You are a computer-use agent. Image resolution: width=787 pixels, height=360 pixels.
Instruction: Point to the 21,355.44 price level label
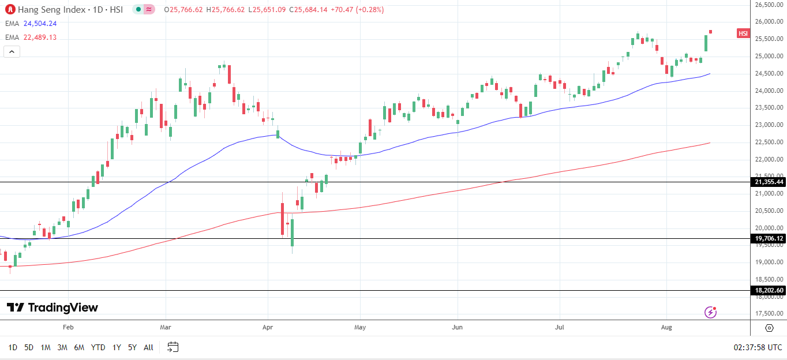click(769, 182)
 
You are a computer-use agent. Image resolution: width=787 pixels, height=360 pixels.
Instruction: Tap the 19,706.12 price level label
click(769, 238)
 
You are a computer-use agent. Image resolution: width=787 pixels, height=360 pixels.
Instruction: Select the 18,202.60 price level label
click(769, 291)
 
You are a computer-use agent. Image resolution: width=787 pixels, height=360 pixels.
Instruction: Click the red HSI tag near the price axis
click(743, 33)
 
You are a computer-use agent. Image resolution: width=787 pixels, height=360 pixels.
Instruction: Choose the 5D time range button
click(29, 347)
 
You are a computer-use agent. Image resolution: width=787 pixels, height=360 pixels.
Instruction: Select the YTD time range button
click(98, 347)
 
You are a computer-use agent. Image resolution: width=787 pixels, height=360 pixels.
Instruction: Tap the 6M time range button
click(80, 347)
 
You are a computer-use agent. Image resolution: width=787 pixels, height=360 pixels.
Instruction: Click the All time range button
click(148, 347)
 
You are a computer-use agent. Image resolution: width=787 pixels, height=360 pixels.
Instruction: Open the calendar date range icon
click(173, 347)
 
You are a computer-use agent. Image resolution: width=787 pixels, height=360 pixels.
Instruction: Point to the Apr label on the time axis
click(267, 328)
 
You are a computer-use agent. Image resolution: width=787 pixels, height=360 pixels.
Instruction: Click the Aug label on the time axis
click(666, 328)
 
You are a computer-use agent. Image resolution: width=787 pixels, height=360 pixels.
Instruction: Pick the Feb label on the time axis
click(68, 328)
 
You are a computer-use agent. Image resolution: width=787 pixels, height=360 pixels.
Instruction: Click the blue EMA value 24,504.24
click(40, 24)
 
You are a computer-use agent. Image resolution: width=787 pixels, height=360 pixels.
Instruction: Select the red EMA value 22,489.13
click(40, 37)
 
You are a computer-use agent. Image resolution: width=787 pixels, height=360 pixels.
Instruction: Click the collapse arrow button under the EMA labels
click(12, 51)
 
